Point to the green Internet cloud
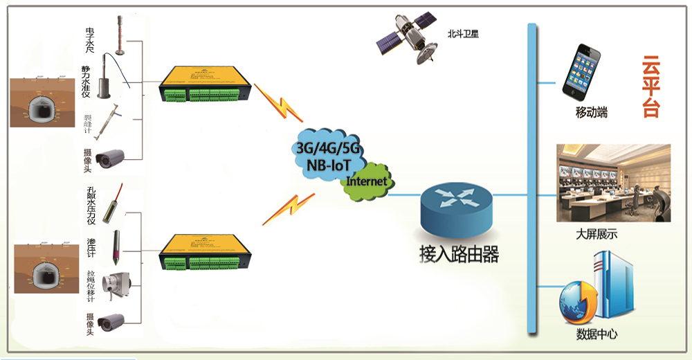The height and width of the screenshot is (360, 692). pos(367,182)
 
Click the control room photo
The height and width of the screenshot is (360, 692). pos(613,183)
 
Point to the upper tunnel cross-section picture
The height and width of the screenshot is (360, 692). pos(41,102)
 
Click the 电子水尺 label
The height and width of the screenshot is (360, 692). pos(90,39)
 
